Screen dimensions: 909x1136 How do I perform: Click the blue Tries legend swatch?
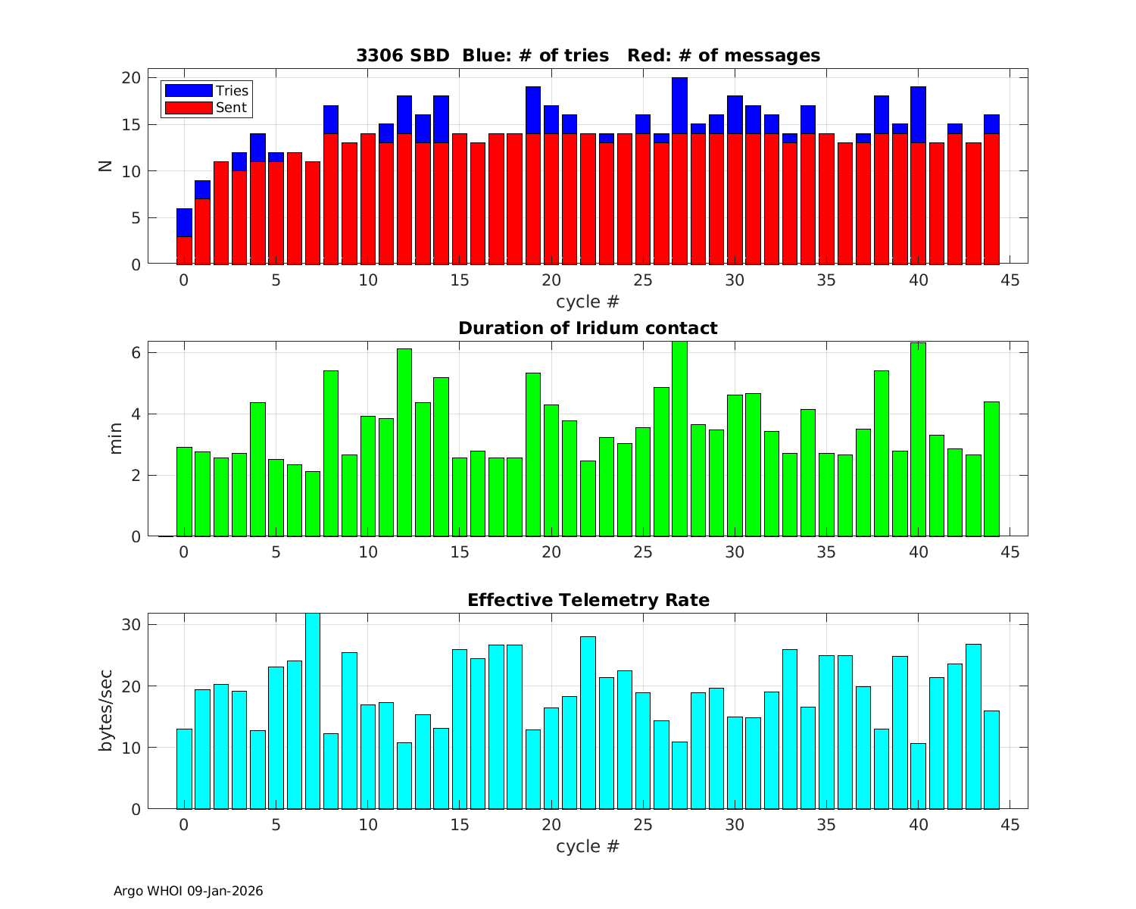pos(188,91)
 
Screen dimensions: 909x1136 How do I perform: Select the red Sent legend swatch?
pos(188,108)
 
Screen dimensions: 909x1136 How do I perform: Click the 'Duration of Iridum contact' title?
pos(588,328)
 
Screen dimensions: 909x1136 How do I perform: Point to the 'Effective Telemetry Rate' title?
pos(588,600)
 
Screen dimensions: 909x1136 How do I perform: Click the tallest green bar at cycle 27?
pos(679,439)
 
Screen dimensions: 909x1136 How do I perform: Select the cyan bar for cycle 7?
pos(312,712)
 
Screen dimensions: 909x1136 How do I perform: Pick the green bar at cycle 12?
pos(404,443)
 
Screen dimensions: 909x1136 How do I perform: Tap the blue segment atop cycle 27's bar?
pos(679,105)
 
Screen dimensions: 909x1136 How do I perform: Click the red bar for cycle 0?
pos(184,250)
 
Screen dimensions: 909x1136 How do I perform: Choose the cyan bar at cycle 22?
pos(588,723)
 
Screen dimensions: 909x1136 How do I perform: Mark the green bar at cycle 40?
pos(918,439)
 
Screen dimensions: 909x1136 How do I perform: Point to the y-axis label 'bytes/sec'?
pos(107,711)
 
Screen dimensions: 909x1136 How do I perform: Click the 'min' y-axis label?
pos(116,439)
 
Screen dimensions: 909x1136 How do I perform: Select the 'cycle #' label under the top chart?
pos(588,301)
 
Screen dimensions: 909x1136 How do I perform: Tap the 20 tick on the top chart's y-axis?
pos(131,78)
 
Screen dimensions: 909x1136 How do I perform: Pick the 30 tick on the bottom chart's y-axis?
pos(131,625)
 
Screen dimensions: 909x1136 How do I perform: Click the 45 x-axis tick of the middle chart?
pos(1010,552)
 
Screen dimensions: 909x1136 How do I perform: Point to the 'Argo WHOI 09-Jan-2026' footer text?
pos(188,891)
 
